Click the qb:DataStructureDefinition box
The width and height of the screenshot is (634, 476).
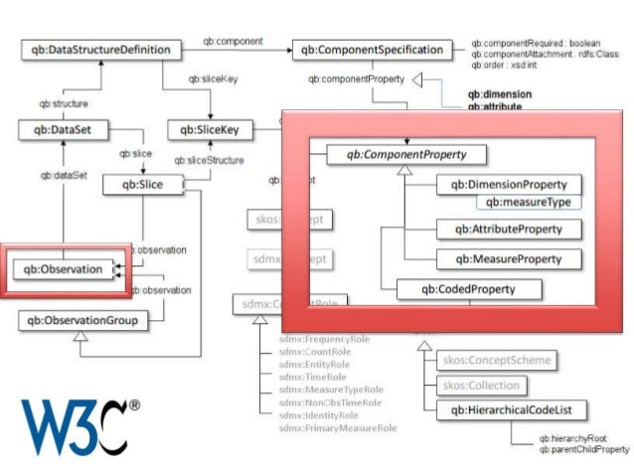coord(101,49)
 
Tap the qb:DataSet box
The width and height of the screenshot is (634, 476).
coord(63,129)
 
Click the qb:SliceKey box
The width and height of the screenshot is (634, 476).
coord(211,129)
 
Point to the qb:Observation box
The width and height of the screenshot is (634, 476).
coord(63,268)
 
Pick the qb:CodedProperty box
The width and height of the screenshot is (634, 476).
coord(469,289)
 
